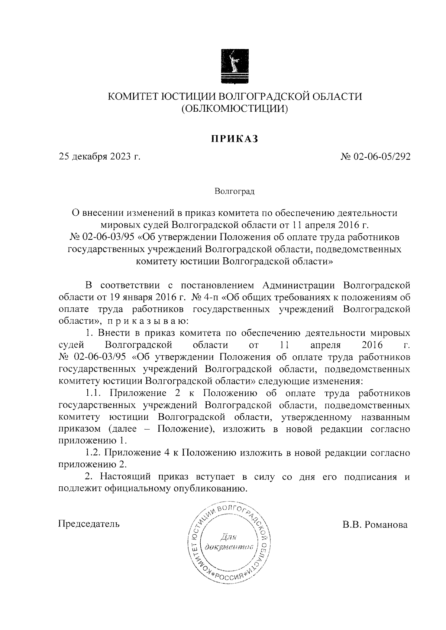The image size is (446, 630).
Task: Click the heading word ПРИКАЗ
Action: click(x=234, y=139)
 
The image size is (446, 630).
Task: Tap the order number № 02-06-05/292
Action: click(x=375, y=157)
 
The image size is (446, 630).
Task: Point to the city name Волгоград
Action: click(x=235, y=192)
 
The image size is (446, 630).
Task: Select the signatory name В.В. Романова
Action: click(x=375, y=525)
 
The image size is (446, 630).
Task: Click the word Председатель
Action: click(x=89, y=524)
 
